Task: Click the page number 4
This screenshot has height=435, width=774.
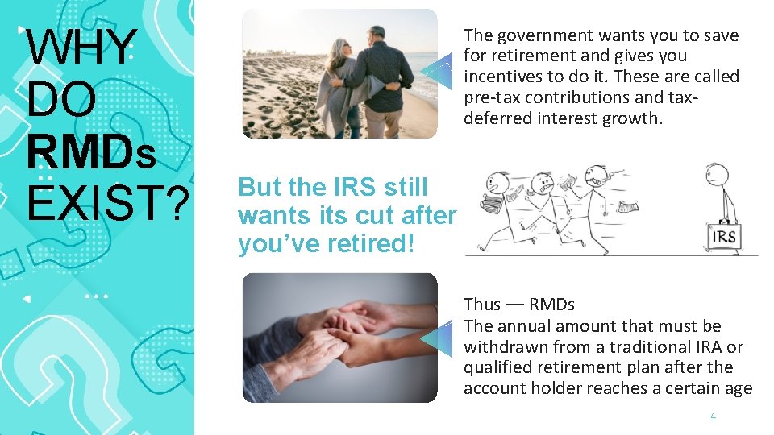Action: click(713, 416)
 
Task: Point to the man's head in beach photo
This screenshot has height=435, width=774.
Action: click(377, 35)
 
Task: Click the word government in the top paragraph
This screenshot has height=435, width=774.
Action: click(538, 35)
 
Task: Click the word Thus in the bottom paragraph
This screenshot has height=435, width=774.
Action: click(481, 304)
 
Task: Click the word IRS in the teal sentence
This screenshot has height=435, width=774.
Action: click(356, 187)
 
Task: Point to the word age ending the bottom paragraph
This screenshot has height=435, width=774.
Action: click(737, 388)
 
